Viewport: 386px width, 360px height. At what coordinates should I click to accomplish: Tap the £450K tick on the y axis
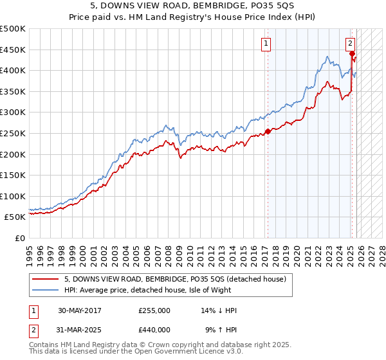coord(13,50)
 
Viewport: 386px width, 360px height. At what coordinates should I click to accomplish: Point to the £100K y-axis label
coord(13,196)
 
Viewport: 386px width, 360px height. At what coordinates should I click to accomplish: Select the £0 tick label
coord(20,238)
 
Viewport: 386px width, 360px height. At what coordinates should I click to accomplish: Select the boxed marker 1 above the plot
coord(266,44)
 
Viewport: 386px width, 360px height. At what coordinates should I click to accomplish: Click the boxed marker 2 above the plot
coord(350,44)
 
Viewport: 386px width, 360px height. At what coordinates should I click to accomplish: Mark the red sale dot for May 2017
coord(268,132)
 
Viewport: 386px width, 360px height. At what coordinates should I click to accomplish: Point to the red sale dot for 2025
coord(353,54)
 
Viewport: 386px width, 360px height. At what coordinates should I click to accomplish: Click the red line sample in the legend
coord(46,278)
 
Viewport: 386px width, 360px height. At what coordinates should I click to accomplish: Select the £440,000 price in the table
coord(154,329)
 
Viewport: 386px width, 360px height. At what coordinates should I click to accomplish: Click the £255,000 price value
coord(154,310)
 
